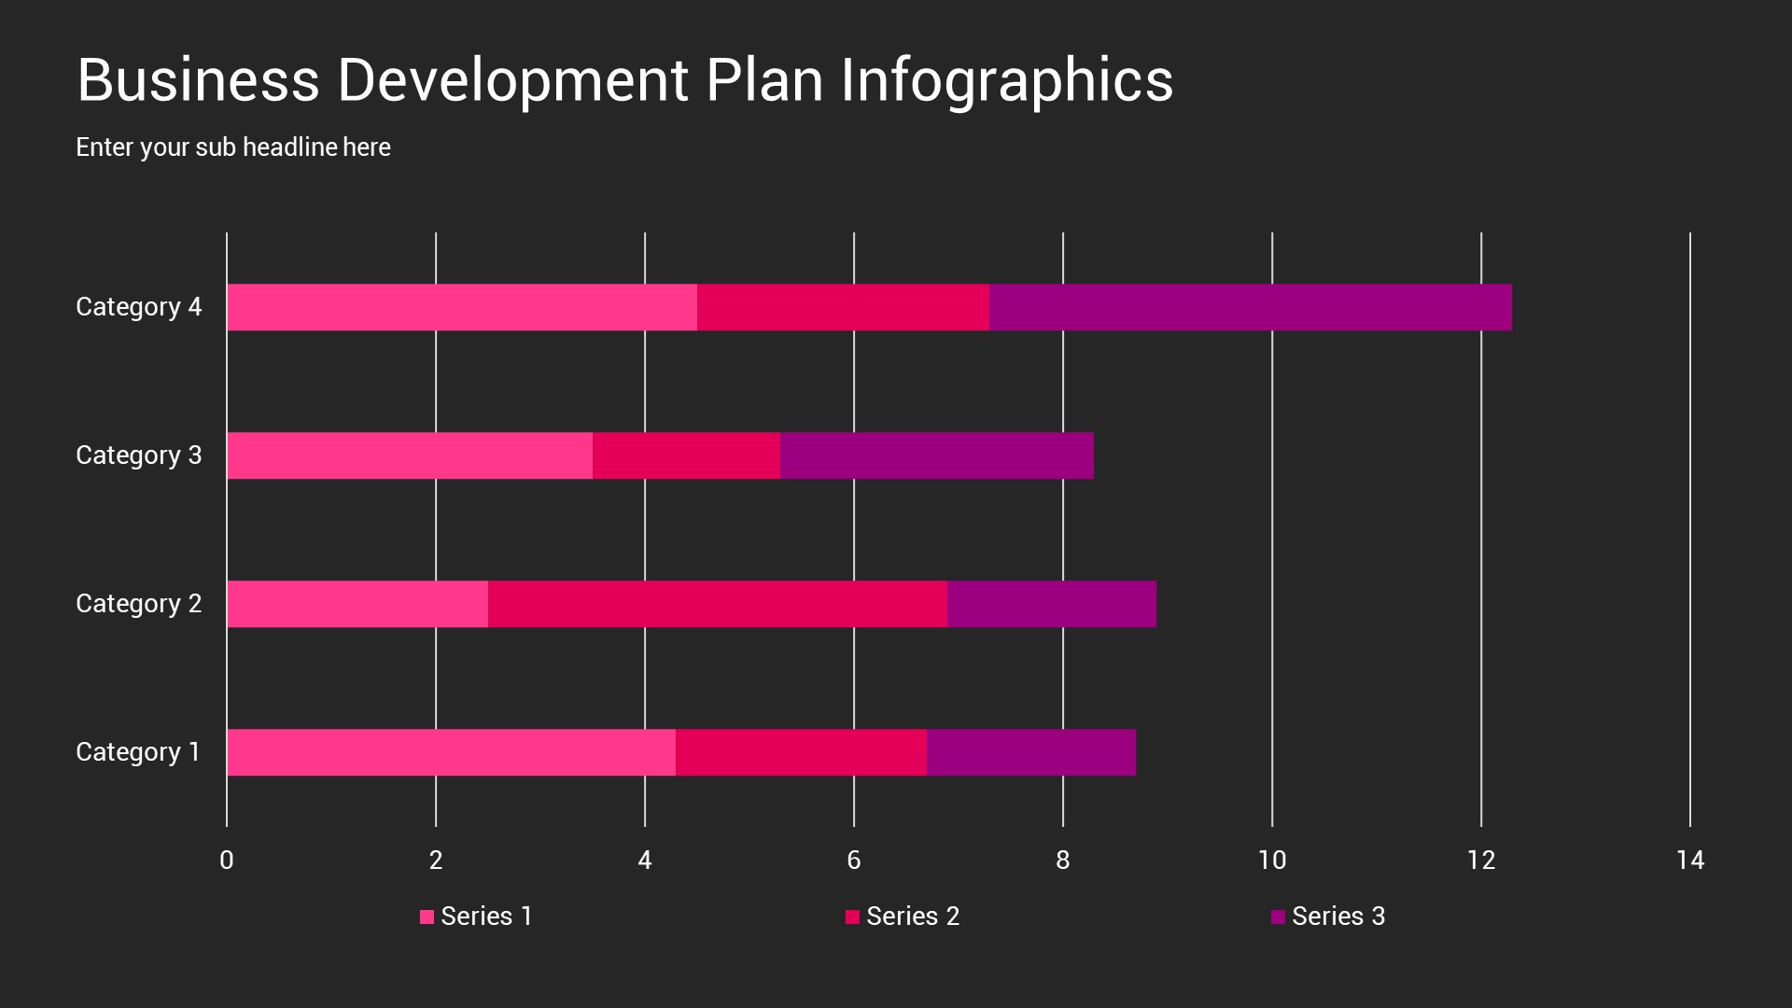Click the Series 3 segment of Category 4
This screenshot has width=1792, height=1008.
pyautogui.click(x=1251, y=307)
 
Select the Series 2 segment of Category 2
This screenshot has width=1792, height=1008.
pyautogui.click(x=717, y=604)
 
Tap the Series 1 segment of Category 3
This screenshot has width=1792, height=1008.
pyautogui.click(x=409, y=455)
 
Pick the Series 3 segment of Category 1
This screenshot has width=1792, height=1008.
pyautogui.click(x=1031, y=752)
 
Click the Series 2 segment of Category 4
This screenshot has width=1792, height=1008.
pyautogui.click(x=843, y=307)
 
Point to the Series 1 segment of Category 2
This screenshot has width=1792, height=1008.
pyautogui.click(x=357, y=604)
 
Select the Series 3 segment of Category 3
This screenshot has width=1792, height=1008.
pyautogui.click(x=936, y=455)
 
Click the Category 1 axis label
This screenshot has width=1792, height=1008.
pyautogui.click(x=138, y=752)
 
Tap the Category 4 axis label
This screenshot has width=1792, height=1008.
pyautogui.click(x=138, y=307)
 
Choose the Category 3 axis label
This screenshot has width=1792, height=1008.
pyautogui.click(x=138, y=455)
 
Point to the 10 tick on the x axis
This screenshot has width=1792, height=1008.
pyautogui.click(x=1271, y=861)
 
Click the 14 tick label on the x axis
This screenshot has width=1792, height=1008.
pyautogui.click(x=1689, y=861)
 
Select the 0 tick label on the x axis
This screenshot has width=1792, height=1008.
pyautogui.click(x=227, y=861)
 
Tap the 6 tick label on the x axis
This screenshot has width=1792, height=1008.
pyautogui.click(x=853, y=861)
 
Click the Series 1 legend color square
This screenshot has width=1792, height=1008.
pyautogui.click(x=427, y=917)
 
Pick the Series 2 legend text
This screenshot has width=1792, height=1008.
pyautogui.click(x=912, y=917)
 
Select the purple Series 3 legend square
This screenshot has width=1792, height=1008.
pyautogui.click(x=1278, y=917)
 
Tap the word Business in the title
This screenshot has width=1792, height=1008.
pyautogui.click(x=198, y=81)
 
